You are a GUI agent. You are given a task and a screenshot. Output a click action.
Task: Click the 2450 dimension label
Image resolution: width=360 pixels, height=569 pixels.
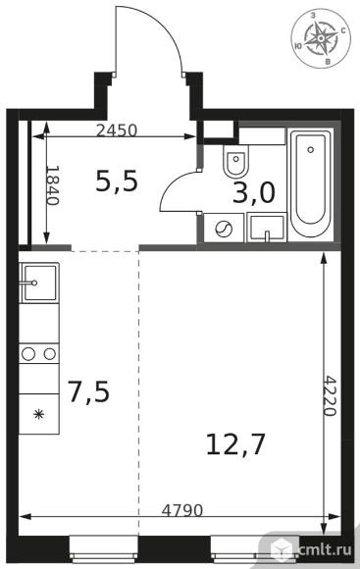tap(117, 130)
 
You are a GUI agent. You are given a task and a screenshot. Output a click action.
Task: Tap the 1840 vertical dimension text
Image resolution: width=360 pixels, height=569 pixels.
tap(52, 185)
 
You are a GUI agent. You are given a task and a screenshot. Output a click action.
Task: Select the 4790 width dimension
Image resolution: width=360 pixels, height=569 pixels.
tap(181, 510)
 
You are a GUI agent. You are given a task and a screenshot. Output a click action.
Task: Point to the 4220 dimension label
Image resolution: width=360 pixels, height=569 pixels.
tap(330, 395)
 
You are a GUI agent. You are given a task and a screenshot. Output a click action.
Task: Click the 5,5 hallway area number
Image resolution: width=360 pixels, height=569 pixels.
tap(117, 181)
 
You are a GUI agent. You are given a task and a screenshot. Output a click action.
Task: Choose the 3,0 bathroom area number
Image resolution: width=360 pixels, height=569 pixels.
tap(254, 192)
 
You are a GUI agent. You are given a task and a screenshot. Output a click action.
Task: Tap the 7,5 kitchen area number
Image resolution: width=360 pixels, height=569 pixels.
tap(88, 392)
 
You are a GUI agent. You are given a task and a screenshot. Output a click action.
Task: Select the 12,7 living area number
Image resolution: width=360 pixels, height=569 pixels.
tap(235, 444)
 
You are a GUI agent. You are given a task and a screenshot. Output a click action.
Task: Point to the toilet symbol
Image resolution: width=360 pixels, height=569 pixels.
tap(236, 161)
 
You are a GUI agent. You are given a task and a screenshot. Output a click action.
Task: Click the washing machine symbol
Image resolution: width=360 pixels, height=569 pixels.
tap(224, 229)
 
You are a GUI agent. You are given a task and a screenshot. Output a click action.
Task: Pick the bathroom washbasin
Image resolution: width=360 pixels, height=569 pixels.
tap(267, 228)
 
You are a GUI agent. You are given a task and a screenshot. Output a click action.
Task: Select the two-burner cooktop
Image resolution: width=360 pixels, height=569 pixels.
tap(39, 353)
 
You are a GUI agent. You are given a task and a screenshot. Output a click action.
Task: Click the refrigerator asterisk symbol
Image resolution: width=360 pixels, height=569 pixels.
tap(38, 414)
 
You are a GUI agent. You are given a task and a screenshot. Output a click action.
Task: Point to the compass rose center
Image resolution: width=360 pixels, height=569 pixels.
tap(321, 37)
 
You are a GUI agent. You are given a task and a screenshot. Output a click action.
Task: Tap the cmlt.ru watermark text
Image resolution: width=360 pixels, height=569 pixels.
tap(324, 549)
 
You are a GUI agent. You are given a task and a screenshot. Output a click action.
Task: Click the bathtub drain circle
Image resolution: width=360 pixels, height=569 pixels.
tap(310, 149)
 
